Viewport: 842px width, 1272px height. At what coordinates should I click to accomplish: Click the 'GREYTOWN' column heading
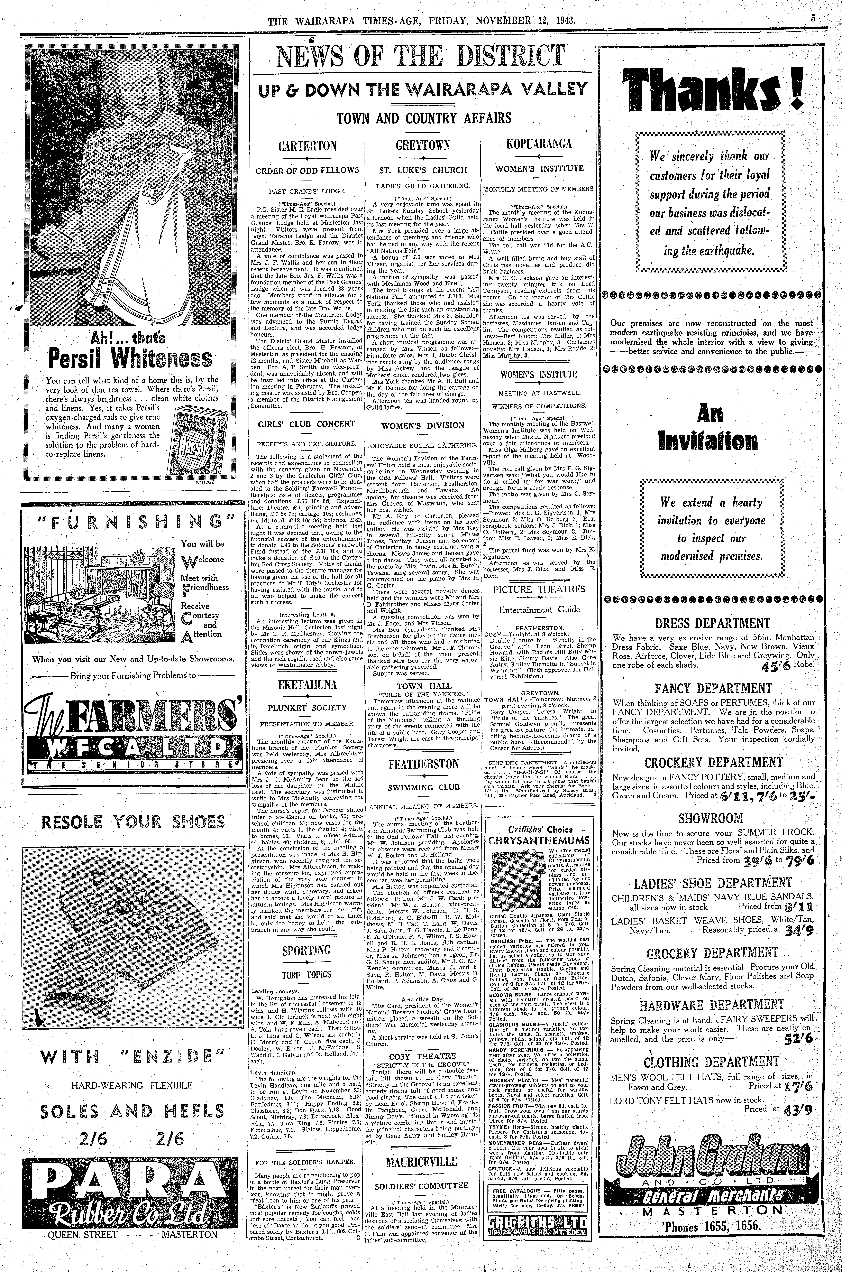[423, 146]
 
